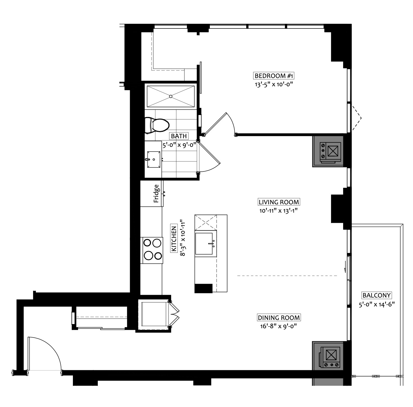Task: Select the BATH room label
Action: tap(179, 136)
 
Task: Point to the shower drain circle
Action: tap(171, 96)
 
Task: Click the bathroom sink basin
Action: tap(153, 159)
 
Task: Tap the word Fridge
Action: tap(156, 194)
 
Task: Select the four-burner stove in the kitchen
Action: tap(152, 249)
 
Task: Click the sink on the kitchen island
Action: tap(206, 243)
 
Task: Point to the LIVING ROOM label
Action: tap(279, 202)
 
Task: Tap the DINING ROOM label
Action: tap(279, 317)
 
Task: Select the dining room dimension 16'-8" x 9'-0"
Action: tap(279, 326)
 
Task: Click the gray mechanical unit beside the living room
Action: tap(328, 151)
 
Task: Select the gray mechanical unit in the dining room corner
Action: tap(328, 356)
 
